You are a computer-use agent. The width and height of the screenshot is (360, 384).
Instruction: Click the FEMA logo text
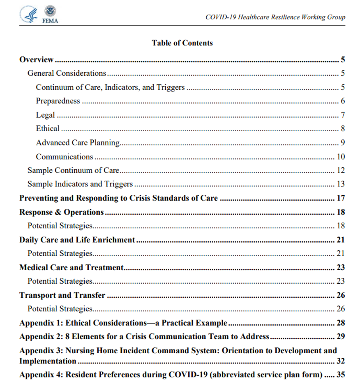coord(50,21)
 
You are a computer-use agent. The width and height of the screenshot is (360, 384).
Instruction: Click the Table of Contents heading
coord(182,43)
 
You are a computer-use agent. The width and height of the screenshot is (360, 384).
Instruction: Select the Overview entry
coord(37,60)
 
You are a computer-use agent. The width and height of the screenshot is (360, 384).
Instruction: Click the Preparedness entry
coord(58,101)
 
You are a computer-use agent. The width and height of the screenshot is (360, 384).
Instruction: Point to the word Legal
coord(45,115)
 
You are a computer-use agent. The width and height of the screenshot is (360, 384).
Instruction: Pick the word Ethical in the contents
coord(48,129)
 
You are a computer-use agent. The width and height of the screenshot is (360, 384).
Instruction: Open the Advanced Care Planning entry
coord(78,143)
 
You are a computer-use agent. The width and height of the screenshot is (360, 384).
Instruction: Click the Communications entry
coord(65,157)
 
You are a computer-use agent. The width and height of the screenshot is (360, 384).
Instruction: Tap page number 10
coord(341,157)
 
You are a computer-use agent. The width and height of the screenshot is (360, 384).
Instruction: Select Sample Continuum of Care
coord(73,170)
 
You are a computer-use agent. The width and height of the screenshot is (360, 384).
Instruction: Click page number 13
coord(341,184)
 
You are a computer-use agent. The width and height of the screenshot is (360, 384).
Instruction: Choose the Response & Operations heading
coord(62,212)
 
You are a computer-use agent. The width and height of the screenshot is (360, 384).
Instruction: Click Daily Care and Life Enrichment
coord(77,240)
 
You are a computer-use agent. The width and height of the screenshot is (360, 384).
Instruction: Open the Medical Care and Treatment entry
coord(72,267)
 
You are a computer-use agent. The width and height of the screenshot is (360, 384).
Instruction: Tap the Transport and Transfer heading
coord(62,295)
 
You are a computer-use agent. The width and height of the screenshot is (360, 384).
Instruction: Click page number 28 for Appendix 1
coord(341,323)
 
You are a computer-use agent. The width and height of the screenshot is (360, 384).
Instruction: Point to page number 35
coord(341,375)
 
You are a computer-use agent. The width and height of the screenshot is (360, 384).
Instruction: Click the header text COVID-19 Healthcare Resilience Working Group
coord(275,17)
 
